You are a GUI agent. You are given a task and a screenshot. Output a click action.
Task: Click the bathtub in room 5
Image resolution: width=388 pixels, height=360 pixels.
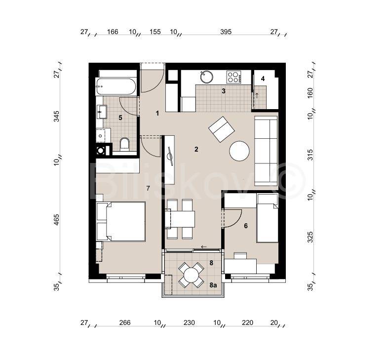[116, 86]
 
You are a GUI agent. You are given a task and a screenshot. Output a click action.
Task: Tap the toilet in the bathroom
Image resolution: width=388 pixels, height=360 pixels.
[124, 144]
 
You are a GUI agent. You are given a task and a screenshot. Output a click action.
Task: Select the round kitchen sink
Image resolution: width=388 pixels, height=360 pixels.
[207, 77]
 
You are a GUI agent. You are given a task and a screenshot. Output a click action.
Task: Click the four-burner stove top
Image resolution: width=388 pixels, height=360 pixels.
[234, 77]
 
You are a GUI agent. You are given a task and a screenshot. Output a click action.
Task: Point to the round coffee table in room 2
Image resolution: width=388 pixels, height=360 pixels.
[239, 151]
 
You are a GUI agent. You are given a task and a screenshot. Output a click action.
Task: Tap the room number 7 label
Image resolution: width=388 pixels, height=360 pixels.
[148, 189]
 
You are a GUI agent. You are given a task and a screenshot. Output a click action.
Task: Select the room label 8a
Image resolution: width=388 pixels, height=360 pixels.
[213, 285]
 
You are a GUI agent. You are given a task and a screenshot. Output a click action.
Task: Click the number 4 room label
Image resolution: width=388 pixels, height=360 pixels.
[263, 79]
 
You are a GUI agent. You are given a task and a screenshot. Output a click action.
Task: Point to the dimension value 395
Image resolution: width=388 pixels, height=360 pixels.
[226, 32]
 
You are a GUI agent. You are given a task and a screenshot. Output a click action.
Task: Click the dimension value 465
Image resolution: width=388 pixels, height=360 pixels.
[57, 220]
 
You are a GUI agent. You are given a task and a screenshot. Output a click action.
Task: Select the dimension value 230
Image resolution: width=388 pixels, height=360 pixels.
[189, 322]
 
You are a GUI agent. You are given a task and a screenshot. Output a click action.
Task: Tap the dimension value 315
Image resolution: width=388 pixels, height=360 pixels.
[310, 155]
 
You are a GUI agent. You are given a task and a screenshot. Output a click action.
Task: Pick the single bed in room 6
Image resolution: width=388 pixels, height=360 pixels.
[268, 218]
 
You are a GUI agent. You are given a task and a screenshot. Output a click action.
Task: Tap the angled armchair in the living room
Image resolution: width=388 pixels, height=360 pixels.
[222, 129]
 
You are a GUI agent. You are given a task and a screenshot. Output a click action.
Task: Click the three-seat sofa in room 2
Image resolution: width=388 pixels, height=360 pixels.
[266, 151]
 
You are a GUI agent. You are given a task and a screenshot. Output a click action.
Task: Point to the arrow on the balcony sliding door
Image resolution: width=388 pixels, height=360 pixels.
[204, 247]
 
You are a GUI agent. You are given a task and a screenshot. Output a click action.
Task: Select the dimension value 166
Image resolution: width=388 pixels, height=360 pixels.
[113, 32]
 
